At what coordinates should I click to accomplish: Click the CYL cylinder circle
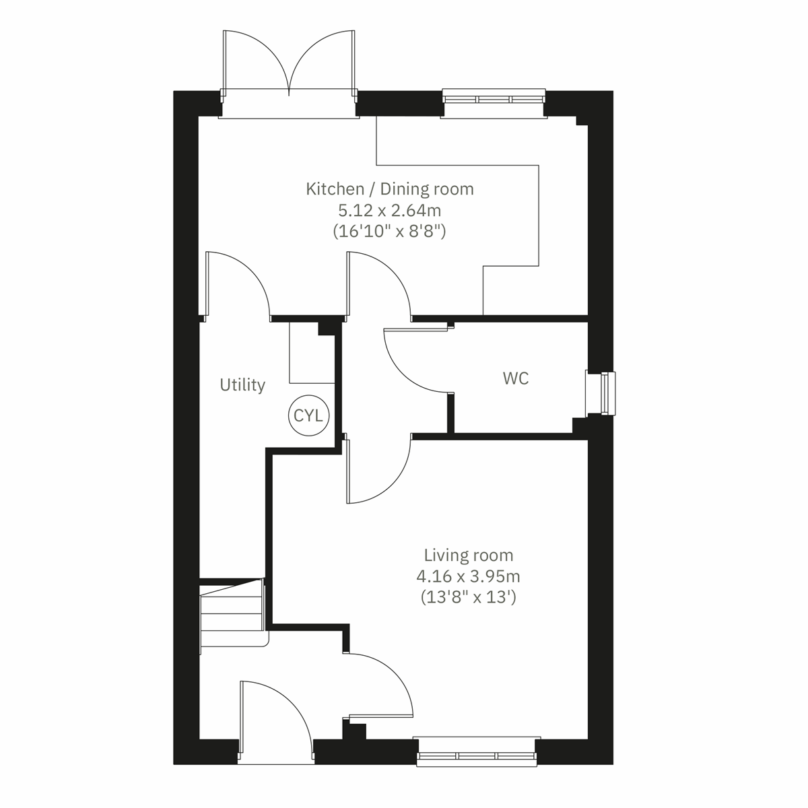(x=308, y=415)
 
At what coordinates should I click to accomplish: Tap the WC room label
(x=516, y=378)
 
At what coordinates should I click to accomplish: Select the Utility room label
(x=242, y=385)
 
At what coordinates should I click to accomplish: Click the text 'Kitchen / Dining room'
(x=390, y=189)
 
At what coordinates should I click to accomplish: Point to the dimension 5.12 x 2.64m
(x=390, y=210)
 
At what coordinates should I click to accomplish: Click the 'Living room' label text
(x=468, y=555)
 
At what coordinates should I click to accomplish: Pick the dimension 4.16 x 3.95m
(x=468, y=576)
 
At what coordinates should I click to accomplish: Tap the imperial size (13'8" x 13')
(x=468, y=597)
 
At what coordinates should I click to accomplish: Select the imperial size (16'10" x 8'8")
(x=390, y=231)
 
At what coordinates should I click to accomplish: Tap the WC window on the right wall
(x=601, y=393)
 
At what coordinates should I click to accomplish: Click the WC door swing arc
(x=411, y=364)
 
